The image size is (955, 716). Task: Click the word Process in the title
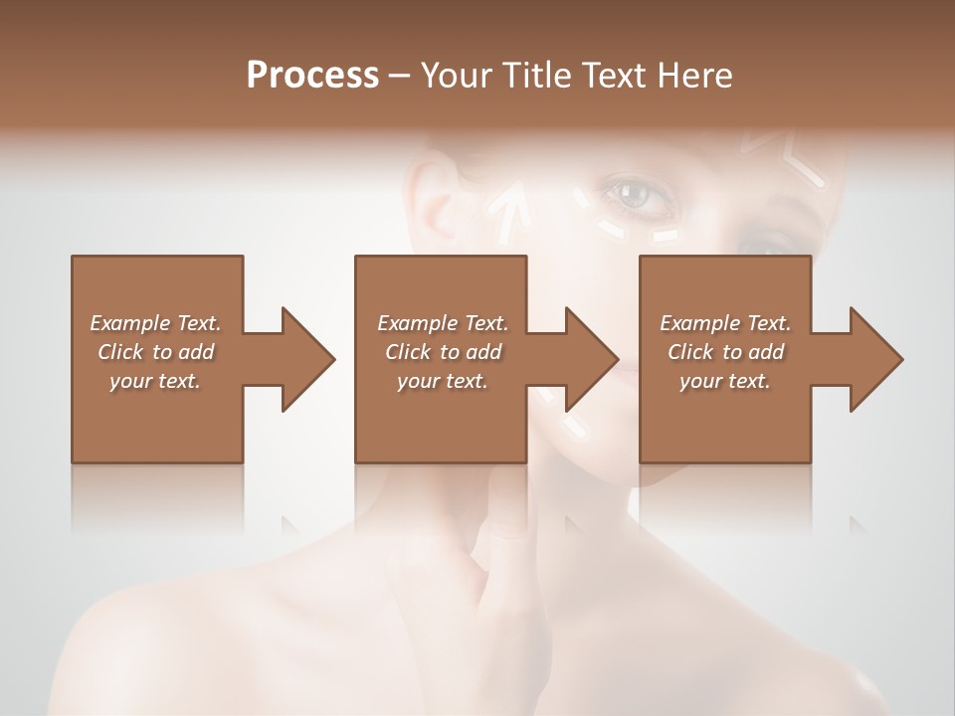pos(312,75)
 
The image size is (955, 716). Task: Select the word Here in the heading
pos(693,75)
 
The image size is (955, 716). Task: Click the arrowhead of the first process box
pos(302,359)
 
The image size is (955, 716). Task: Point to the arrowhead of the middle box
pos(587,359)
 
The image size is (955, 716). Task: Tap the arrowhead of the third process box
pos(871,359)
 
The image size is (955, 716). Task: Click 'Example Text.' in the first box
pos(155,323)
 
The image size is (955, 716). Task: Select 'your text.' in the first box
pos(155,381)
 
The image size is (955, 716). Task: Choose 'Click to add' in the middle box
pos(443,352)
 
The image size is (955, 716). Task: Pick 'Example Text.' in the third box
pos(725,323)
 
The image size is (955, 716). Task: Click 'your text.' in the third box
pos(725,381)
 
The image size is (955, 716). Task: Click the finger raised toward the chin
pos(507,537)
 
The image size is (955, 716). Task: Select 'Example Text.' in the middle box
pos(443,323)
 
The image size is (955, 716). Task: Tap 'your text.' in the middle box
pos(443,381)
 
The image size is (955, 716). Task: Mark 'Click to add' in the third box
pos(725,352)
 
